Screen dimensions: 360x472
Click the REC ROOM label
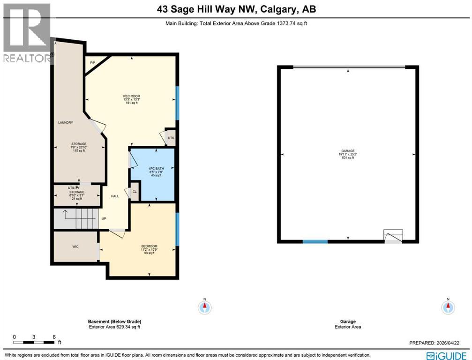click(131, 96)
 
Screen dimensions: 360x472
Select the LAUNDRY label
click(65, 123)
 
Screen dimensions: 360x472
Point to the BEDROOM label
click(149, 246)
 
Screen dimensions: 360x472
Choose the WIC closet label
click(75, 246)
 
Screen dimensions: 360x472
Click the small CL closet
click(134, 192)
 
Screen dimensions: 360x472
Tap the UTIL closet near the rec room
click(171, 138)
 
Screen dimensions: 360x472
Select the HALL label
click(115, 196)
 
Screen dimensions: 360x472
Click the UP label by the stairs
click(104, 218)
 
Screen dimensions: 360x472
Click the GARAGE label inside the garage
click(348, 151)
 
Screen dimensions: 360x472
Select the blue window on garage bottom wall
click(315, 241)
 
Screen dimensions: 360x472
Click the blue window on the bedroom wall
click(177, 229)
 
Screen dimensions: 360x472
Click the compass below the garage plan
click(448, 307)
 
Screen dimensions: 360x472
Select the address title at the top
click(236, 9)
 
